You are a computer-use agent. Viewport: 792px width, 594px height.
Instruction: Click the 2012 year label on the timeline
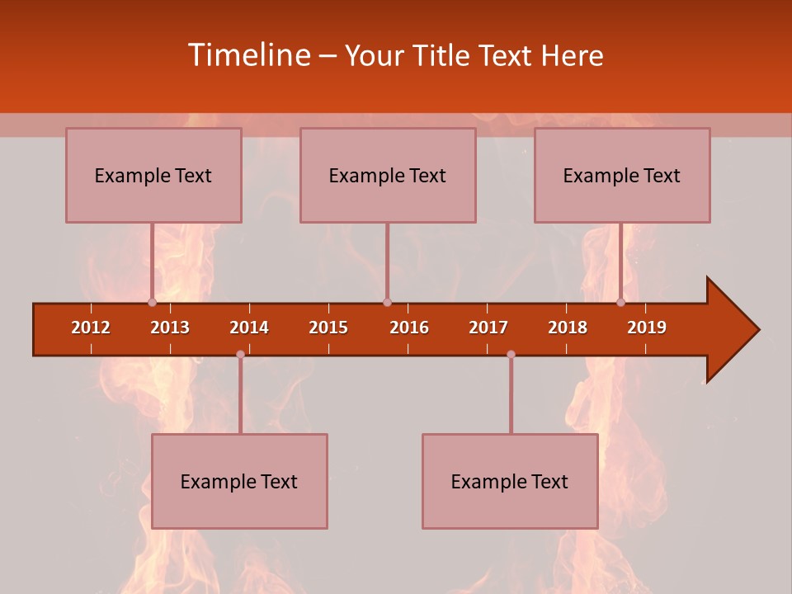tap(91, 328)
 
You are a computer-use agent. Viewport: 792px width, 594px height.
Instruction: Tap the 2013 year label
tap(170, 328)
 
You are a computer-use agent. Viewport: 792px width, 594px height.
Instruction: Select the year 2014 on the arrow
tap(249, 328)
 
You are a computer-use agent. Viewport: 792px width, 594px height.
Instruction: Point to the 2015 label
tap(328, 328)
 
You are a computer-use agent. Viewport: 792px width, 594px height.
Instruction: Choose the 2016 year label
tap(409, 328)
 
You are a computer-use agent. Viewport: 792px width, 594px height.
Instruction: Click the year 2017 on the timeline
tap(488, 328)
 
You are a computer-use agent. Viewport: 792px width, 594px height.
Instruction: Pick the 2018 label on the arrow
tap(568, 328)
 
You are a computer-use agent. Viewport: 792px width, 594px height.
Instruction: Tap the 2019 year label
tap(647, 328)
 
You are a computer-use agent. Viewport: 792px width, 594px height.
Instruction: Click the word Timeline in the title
tap(248, 55)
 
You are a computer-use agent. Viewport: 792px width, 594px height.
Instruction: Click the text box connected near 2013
tap(153, 175)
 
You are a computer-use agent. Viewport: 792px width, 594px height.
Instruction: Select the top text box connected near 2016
tap(388, 175)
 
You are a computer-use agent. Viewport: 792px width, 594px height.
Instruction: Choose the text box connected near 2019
tap(622, 175)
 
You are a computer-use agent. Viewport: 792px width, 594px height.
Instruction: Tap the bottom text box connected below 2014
tap(239, 481)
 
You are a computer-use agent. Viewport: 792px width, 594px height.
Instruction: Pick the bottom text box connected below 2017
tap(510, 481)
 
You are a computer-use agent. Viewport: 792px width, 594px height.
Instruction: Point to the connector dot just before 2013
tap(152, 303)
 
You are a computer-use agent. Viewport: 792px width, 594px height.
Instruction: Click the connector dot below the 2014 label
tap(240, 355)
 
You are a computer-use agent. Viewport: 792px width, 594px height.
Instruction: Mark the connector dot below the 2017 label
tap(511, 355)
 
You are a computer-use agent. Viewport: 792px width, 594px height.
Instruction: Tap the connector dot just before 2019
tap(620, 303)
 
